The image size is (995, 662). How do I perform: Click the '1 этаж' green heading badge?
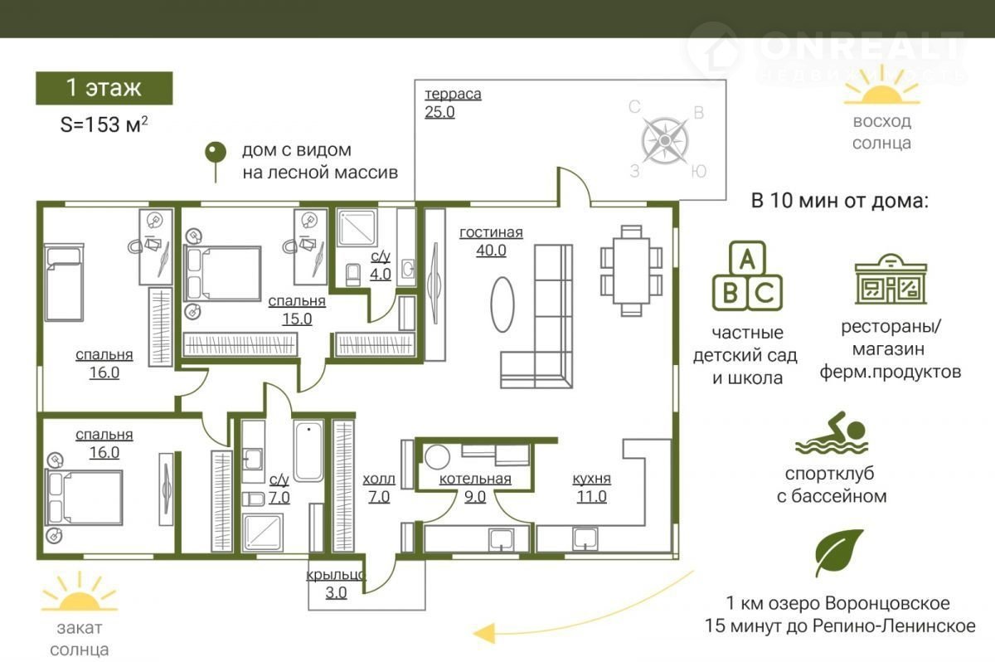(104, 88)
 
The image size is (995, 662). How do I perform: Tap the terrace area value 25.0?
(439, 112)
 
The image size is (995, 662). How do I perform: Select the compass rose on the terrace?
(665, 140)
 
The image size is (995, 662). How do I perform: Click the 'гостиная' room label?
(491, 232)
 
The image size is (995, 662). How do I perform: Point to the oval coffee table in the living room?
(502, 304)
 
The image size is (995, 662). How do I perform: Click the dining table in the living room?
(631, 270)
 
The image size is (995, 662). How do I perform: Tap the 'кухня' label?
(591, 479)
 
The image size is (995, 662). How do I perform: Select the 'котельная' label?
(475, 479)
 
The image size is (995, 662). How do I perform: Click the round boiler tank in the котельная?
(437, 457)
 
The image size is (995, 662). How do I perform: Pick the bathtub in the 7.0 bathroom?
(308, 450)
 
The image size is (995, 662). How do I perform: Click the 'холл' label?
(378, 479)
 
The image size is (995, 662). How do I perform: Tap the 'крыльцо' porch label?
(336, 575)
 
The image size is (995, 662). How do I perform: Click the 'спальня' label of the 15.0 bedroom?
(297, 301)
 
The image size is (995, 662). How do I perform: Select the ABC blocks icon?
(747, 276)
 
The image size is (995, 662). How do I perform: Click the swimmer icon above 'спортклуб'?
(831, 432)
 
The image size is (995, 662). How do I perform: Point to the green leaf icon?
(838, 552)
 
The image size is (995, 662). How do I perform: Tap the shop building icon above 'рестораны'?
(891, 279)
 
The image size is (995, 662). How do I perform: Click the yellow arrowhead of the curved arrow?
(483, 633)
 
